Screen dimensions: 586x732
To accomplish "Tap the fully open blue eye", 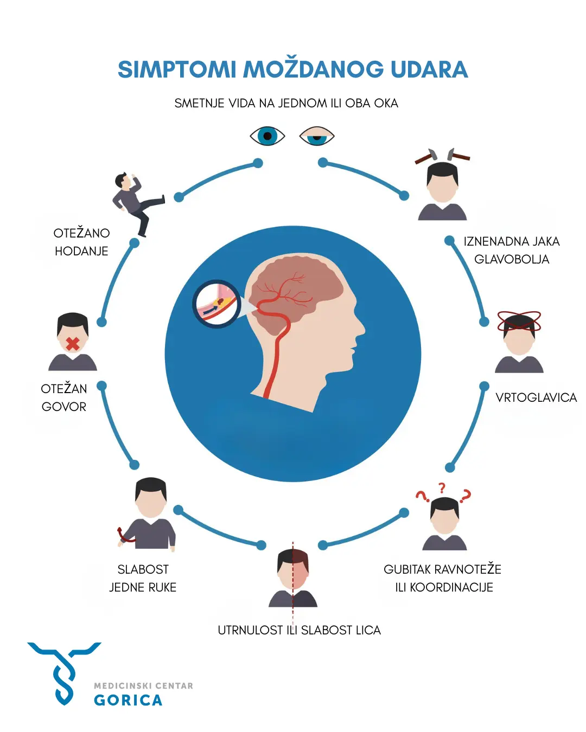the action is pyautogui.click(x=267, y=136).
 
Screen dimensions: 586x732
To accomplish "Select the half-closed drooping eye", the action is pyautogui.click(x=317, y=136).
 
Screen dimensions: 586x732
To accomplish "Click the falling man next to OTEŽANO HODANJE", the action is pyautogui.click(x=138, y=204).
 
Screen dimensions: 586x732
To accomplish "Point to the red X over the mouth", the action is pyautogui.click(x=73, y=344).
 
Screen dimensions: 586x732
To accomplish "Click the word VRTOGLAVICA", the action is pyautogui.click(x=536, y=397).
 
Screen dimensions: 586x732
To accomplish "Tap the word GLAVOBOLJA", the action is pyautogui.click(x=512, y=260).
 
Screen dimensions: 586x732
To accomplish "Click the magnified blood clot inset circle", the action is pyautogui.click(x=216, y=304).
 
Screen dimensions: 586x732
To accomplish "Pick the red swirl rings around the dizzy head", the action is pyautogui.click(x=519, y=322).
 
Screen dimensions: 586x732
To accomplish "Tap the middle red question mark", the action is pyautogui.click(x=442, y=489).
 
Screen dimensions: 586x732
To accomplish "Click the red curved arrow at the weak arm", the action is pyautogui.click(x=124, y=535).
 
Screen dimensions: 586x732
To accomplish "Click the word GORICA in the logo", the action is pyautogui.click(x=128, y=700).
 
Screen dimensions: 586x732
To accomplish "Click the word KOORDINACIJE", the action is pyautogui.click(x=451, y=587).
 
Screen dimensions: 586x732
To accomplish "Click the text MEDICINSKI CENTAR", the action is pyautogui.click(x=143, y=686).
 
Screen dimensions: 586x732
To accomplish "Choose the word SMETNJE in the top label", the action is pyautogui.click(x=199, y=104).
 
